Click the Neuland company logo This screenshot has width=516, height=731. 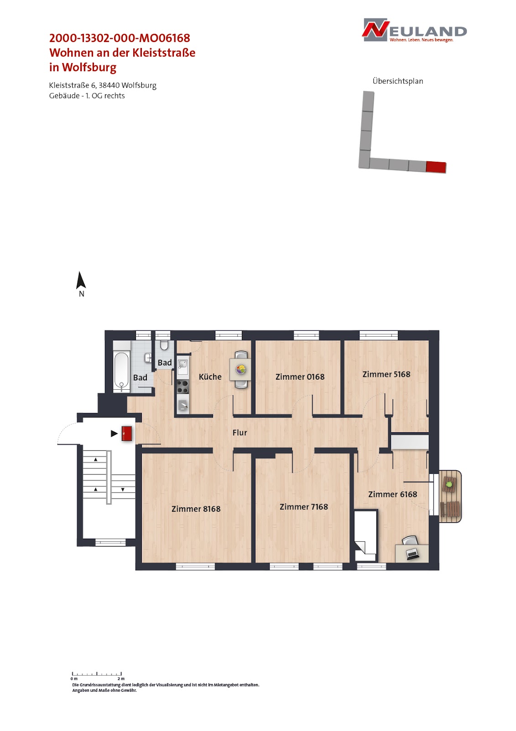414,30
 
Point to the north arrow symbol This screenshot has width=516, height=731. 80,280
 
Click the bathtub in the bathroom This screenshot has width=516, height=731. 121,372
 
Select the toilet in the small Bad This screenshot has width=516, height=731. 164,345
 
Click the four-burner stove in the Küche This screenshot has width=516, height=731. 182,387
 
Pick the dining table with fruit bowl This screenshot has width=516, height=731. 240,370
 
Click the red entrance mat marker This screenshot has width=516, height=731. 126,434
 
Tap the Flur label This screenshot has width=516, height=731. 240,432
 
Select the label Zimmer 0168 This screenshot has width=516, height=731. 300,376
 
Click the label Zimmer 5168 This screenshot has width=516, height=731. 386,374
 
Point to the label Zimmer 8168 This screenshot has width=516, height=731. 196,509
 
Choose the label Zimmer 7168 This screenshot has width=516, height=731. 304,507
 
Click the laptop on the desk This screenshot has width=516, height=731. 412,553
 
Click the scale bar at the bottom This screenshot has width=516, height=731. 97,673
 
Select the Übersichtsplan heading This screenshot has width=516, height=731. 398,81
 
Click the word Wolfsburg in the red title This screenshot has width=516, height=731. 89,67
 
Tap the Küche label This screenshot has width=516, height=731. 210,376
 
